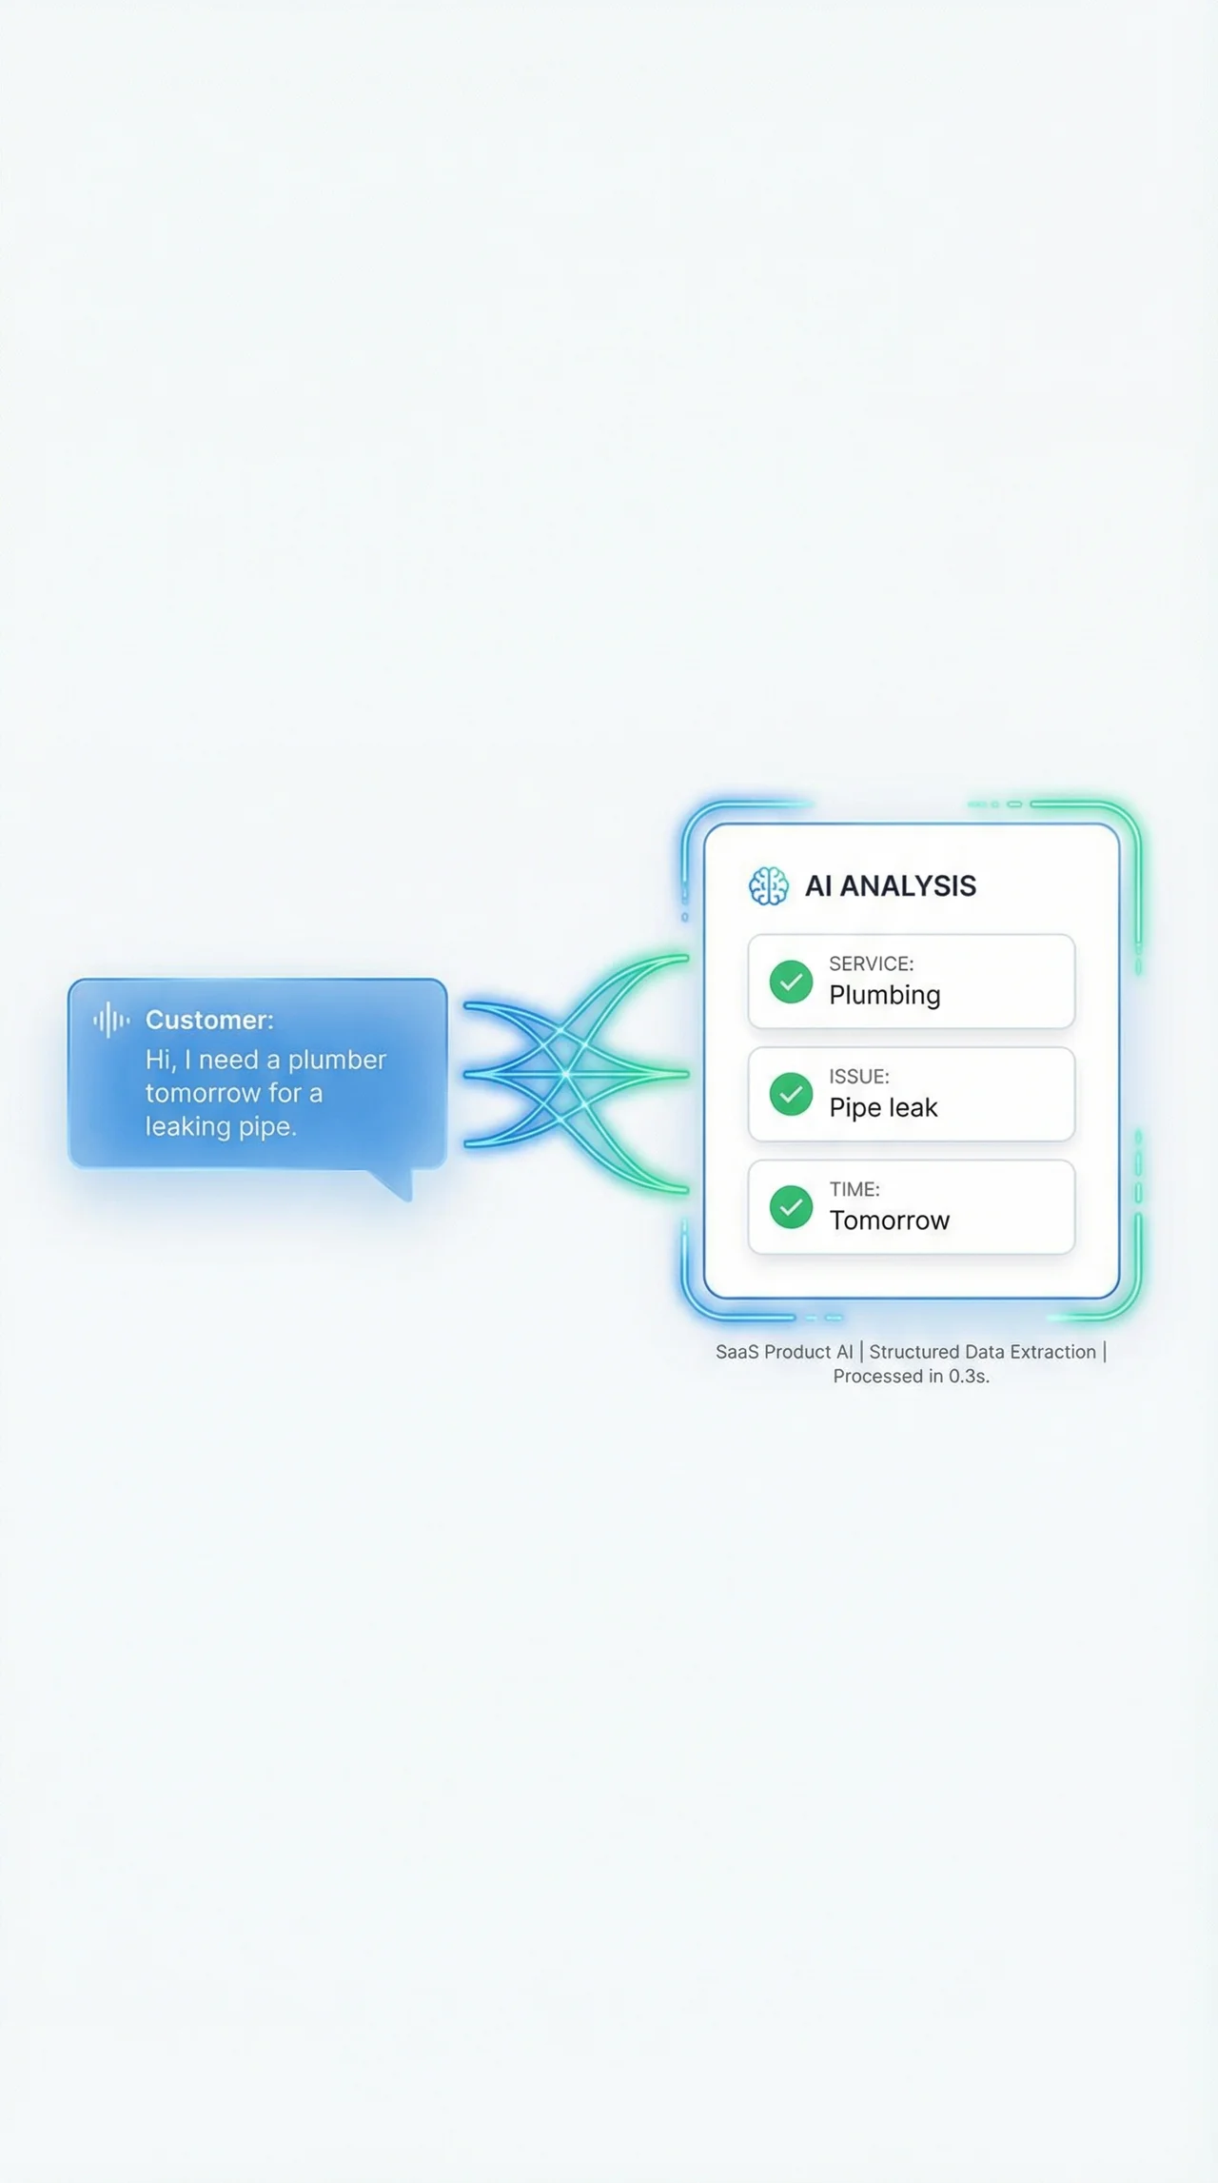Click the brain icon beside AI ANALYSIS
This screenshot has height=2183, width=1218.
coord(768,886)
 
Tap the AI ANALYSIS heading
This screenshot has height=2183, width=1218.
coord(890,886)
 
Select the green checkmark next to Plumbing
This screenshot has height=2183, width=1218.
coord(791,982)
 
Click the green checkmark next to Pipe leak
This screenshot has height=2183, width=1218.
coord(791,1094)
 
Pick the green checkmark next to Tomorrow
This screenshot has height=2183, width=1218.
coord(791,1207)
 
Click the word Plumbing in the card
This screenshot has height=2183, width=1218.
coord(884,995)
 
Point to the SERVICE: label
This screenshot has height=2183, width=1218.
coord(871,963)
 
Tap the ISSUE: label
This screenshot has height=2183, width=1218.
coord(858,1077)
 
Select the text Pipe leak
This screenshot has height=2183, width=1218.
coord(883,1107)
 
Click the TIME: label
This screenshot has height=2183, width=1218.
coord(854,1189)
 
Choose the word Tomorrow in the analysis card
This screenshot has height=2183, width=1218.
coord(889,1220)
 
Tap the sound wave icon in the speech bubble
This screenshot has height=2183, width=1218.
coord(111,1020)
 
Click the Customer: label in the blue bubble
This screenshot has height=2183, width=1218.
coord(209,1020)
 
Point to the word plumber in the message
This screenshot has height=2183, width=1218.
coord(337,1060)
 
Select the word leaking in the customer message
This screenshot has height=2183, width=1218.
coord(187,1126)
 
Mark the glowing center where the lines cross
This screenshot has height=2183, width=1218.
coord(565,1074)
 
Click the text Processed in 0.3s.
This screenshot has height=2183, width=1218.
coord(911,1377)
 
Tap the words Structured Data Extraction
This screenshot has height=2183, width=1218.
coord(982,1352)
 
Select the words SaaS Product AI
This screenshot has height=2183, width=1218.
coord(784,1352)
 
